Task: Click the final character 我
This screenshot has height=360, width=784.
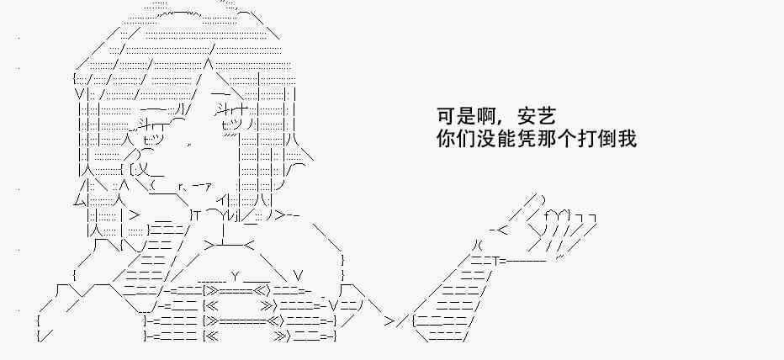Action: click(x=628, y=137)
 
